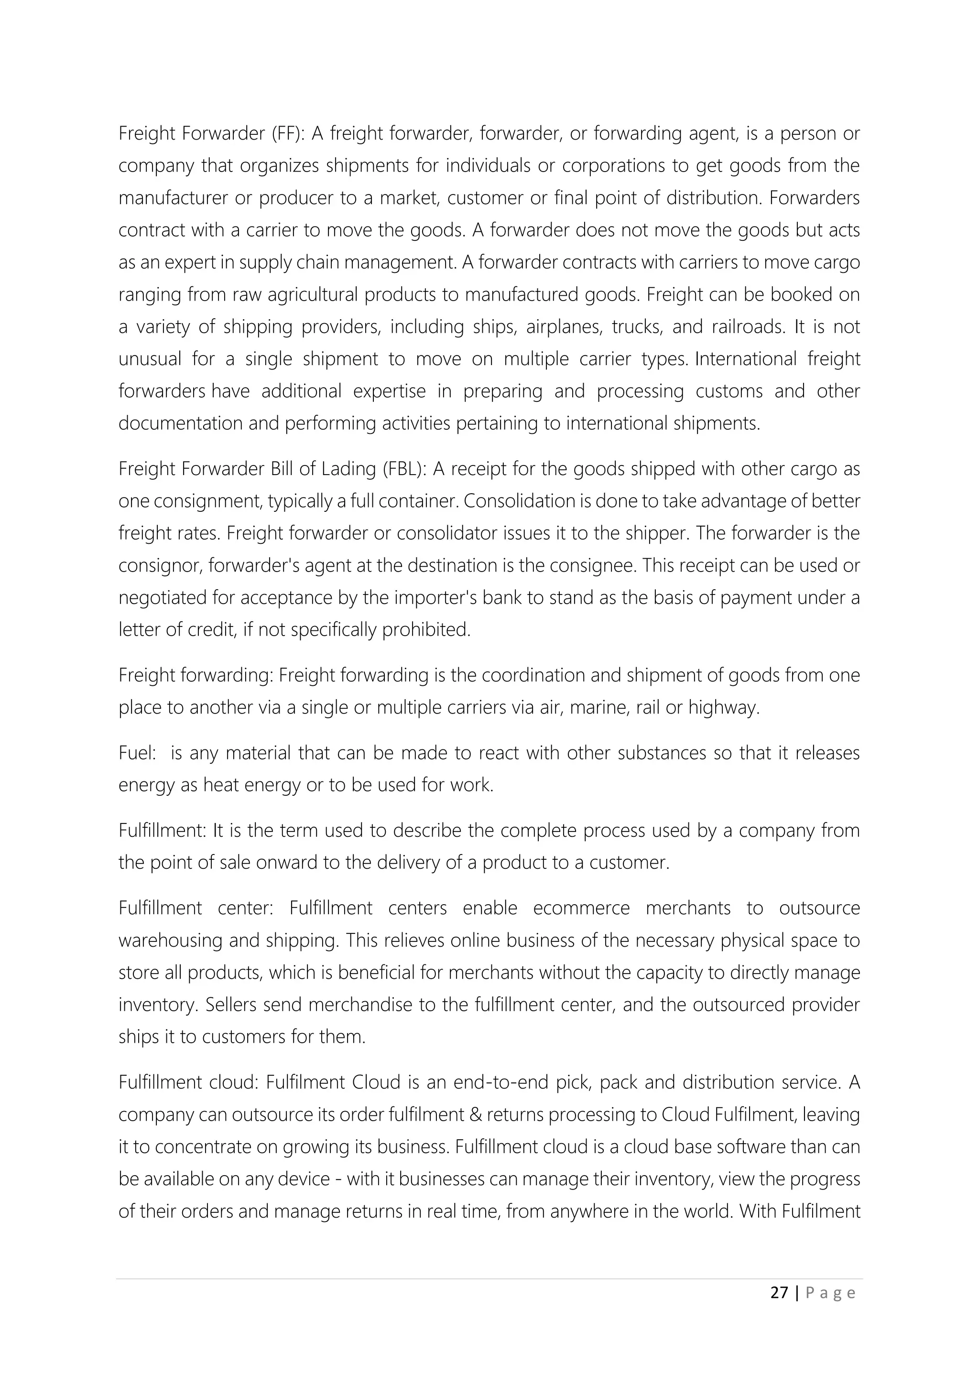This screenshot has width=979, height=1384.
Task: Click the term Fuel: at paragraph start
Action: tap(138, 753)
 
